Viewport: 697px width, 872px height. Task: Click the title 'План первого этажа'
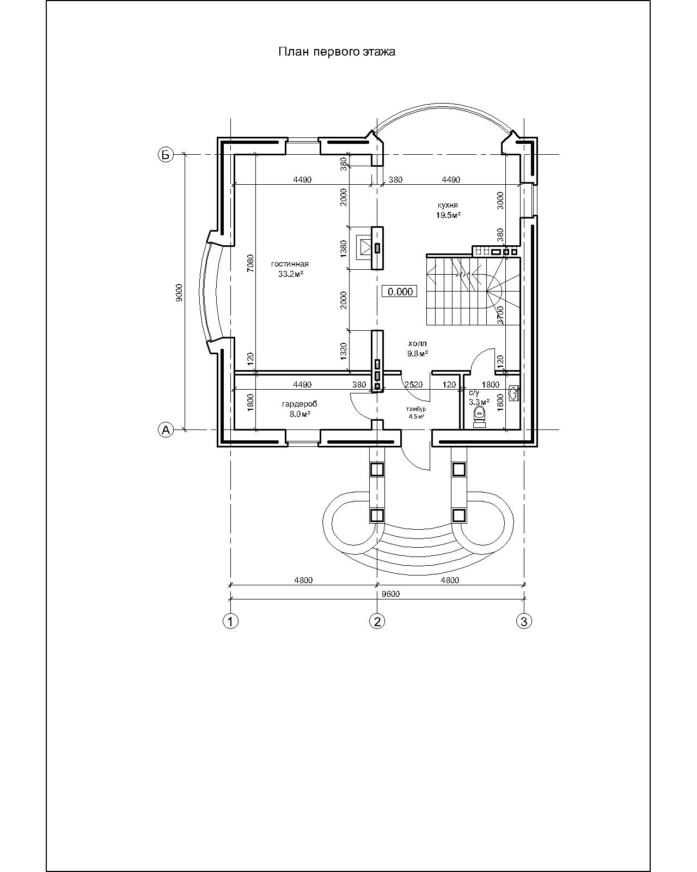tap(337, 52)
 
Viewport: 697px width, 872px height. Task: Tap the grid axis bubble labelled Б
tap(165, 154)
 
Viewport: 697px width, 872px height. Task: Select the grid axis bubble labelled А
tap(165, 429)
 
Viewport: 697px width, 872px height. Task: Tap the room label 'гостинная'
tap(290, 264)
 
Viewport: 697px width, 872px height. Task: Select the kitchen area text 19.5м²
tap(448, 215)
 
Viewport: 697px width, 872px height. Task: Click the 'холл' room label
tap(418, 343)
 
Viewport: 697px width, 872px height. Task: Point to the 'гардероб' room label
tap(299, 404)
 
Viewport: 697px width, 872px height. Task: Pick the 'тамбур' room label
tap(416, 409)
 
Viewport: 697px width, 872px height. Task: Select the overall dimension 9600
tap(391, 594)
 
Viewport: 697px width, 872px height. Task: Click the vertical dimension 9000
tap(180, 292)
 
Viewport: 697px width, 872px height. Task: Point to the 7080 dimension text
tap(250, 263)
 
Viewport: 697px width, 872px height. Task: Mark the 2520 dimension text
tap(413, 384)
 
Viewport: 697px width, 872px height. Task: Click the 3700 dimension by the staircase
tap(500, 315)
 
